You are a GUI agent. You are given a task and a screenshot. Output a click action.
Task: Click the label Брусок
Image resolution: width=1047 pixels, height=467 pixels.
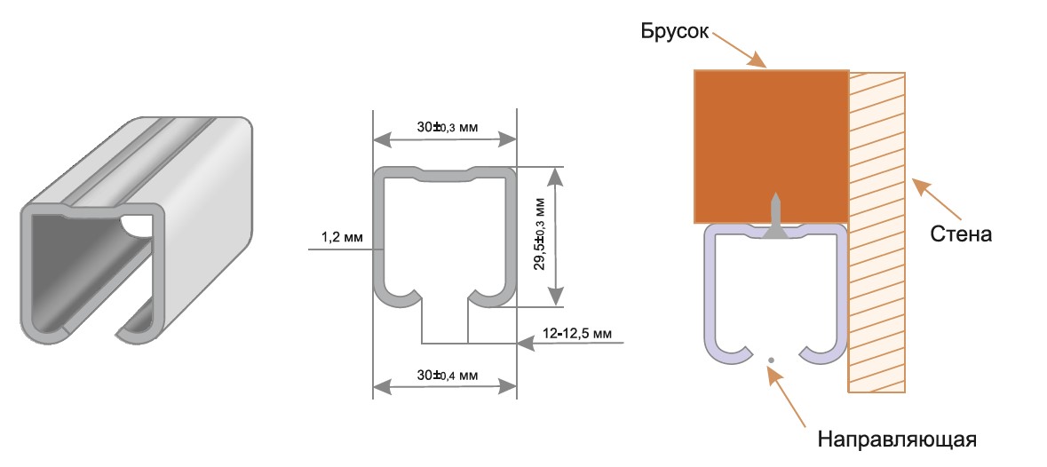coord(672,31)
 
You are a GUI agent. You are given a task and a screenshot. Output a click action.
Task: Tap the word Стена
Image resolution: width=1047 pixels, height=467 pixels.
coord(961,235)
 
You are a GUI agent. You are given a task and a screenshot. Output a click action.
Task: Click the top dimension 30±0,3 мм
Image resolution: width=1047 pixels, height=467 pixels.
coord(448,127)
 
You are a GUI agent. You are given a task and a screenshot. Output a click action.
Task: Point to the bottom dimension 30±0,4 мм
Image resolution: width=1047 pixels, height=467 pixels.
coord(448,376)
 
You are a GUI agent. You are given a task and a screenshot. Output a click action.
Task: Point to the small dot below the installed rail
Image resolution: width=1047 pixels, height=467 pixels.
coord(771,360)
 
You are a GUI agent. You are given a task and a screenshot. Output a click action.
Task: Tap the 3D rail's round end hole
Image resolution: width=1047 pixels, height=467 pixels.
coord(137,226)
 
